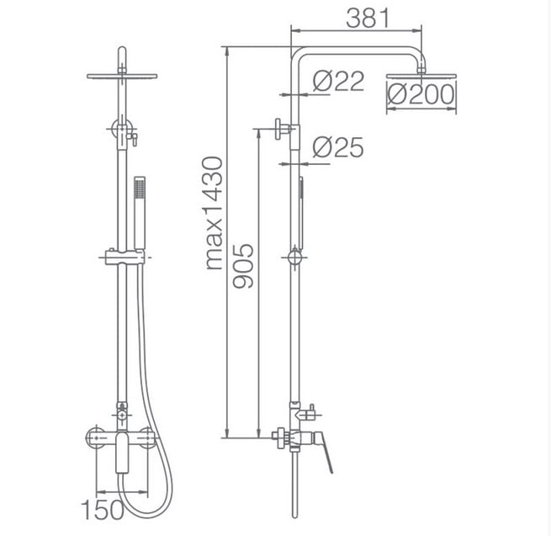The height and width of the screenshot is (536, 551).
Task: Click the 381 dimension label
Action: [368, 18]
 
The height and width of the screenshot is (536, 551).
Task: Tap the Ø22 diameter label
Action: [338, 81]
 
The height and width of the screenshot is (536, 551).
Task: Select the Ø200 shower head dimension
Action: [421, 94]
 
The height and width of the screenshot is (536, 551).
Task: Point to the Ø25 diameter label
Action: [338, 147]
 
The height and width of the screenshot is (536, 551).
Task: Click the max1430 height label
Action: [214, 214]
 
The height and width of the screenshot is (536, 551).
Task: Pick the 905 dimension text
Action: [243, 266]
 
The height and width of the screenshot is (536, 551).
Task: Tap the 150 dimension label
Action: [103, 509]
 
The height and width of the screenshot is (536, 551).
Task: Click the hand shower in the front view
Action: [140, 213]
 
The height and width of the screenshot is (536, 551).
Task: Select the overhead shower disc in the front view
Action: [122, 76]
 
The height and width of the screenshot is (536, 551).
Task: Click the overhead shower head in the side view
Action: [421, 75]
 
